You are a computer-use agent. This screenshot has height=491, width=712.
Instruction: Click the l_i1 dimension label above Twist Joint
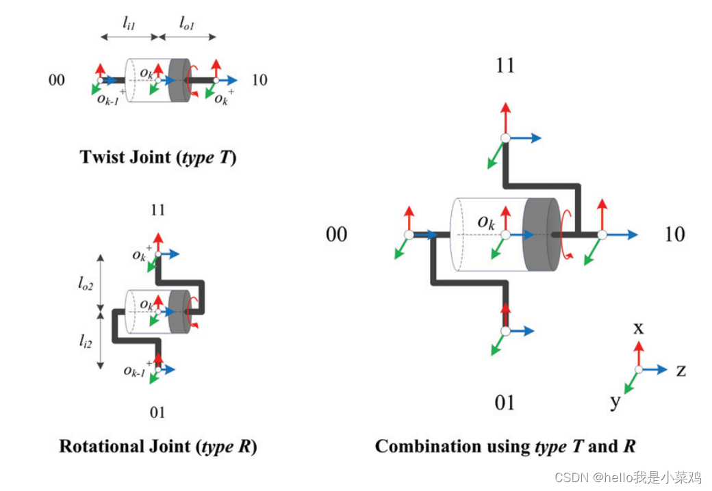pyautogui.click(x=129, y=23)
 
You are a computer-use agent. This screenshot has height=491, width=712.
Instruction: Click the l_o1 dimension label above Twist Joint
pyautogui.click(x=187, y=23)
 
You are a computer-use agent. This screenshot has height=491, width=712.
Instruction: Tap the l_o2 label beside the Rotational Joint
pyautogui.click(x=86, y=283)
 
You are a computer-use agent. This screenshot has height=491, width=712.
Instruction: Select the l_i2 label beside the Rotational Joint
pyautogui.click(x=86, y=341)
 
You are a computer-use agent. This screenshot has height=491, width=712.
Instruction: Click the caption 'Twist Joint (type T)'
pyautogui.click(x=158, y=157)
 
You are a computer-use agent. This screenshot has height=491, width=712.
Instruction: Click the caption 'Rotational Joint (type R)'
pyautogui.click(x=158, y=446)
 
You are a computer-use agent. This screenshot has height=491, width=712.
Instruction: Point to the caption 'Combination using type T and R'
pyautogui.click(x=505, y=446)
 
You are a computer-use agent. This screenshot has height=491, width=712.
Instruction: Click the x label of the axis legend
pyautogui.click(x=639, y=328)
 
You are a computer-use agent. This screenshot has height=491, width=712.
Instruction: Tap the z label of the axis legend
pyautogui.click(x=681, y=371)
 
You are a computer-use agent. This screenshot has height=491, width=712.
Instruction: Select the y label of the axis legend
pyautogui.click(x=615, y=401)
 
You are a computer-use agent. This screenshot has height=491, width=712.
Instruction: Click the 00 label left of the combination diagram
pyautogui.click(x=336, y=235)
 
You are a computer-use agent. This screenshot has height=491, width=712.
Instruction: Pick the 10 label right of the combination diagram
pyautogui.click(x=675, y=235)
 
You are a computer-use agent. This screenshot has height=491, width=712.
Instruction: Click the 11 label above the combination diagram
pyautogui.click(x=505, y=66)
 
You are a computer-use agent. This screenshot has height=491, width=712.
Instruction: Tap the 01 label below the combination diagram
pyautogui.click(x=505, y=403)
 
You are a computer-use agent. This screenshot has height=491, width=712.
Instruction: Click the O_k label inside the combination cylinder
pyautogui.click(x=486, y=222)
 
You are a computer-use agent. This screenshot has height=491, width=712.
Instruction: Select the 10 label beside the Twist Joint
pyautogui.click(x=259, y=80)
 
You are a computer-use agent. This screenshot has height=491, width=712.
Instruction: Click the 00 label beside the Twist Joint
pyautogui.click(x=57, y=80)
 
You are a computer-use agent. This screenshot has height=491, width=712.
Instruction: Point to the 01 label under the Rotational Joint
pyautogui.click(x=157, y=412)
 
